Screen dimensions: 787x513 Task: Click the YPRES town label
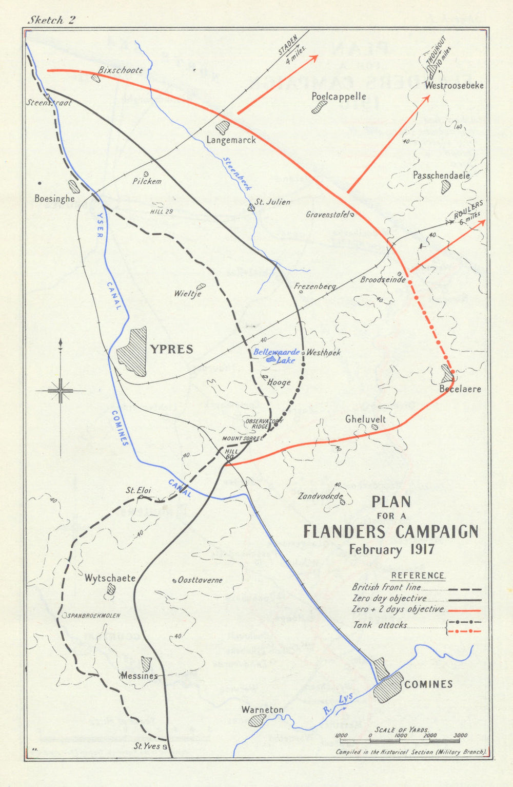click(x=171, y=350)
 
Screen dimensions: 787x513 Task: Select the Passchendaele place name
click(x=441, y=176)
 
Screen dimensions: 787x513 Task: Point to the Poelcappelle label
click(x=339, y=97)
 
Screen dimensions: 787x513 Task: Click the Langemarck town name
click(x=231, y=140)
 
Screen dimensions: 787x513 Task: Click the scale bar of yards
click(x=400, y=740)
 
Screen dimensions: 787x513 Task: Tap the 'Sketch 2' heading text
click(x=51, y=20)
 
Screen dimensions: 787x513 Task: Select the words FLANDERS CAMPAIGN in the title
click(x=390, y=532)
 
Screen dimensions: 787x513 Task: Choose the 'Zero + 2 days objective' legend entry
click(x=398, y=609)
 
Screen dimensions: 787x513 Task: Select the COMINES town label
click(x=428, y=684)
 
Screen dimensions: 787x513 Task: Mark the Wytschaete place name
click(x=110, y=578)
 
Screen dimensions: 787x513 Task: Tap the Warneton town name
click(x=262, y=710)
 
